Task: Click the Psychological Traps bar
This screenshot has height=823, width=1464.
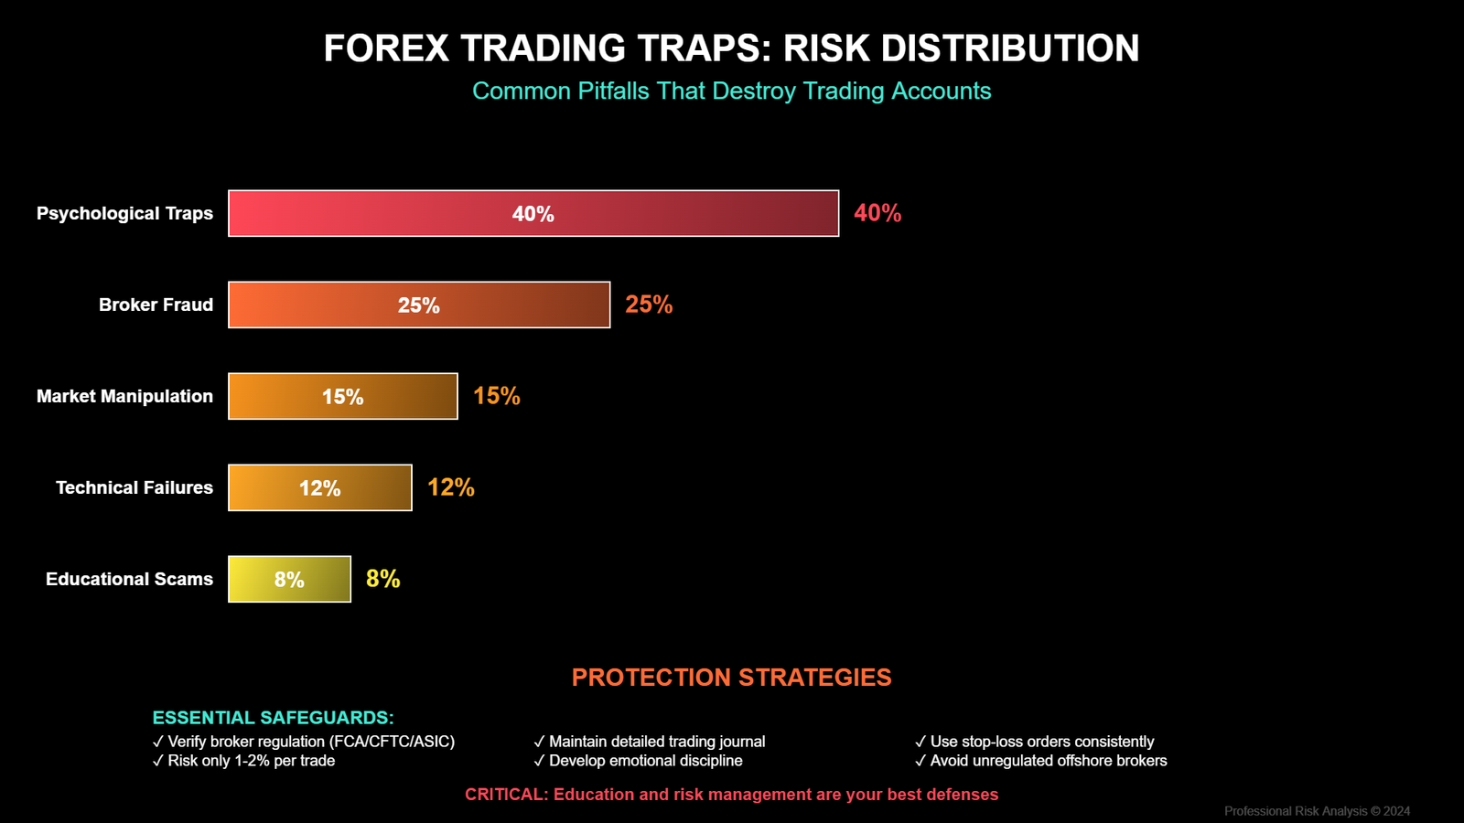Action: tap(533, 213)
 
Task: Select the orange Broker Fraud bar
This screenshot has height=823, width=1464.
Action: tap(419, 305)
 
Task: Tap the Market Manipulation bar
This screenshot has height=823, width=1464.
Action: tap(343, 396)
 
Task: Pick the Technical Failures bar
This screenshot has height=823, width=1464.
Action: tap(320, 487)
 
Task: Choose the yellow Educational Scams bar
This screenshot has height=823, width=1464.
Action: tap(289, 579)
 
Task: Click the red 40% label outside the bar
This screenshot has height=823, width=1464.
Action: tap(877, 213)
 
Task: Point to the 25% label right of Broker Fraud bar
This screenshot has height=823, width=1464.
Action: tap(649, 305)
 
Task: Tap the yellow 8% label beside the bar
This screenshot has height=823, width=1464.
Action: tap(382, 579)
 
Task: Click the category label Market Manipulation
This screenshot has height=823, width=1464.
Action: tap(124, 396)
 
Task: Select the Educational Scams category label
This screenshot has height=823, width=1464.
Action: tap(129, 579)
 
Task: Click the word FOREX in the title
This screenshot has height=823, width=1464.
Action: tap(386, 48)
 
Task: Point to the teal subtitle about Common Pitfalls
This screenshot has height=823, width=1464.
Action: tap(731, 91)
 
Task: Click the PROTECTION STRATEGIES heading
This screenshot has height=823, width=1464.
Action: tap(731, 678)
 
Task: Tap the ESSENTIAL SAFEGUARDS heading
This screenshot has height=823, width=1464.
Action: tap(273, 718)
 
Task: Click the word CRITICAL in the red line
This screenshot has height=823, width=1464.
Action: tap(505, 795)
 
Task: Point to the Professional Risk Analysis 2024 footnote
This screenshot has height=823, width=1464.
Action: tap(1317, 811)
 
